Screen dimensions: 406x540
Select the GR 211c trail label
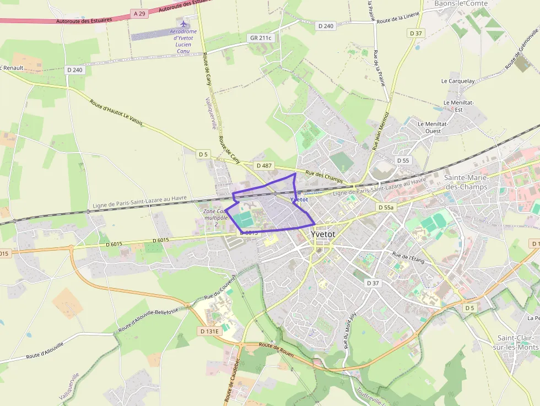(x=261, y=38)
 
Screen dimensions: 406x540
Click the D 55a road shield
(x=386, y=208)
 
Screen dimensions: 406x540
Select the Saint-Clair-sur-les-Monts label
(x=518, y=342)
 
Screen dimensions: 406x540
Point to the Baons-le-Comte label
(x=461, y=3)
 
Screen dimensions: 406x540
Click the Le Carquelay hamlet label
(x=458, y=81)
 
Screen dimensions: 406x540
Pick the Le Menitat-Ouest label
(x=433, y=128)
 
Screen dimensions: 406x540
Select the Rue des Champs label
(x=325, y=177)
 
